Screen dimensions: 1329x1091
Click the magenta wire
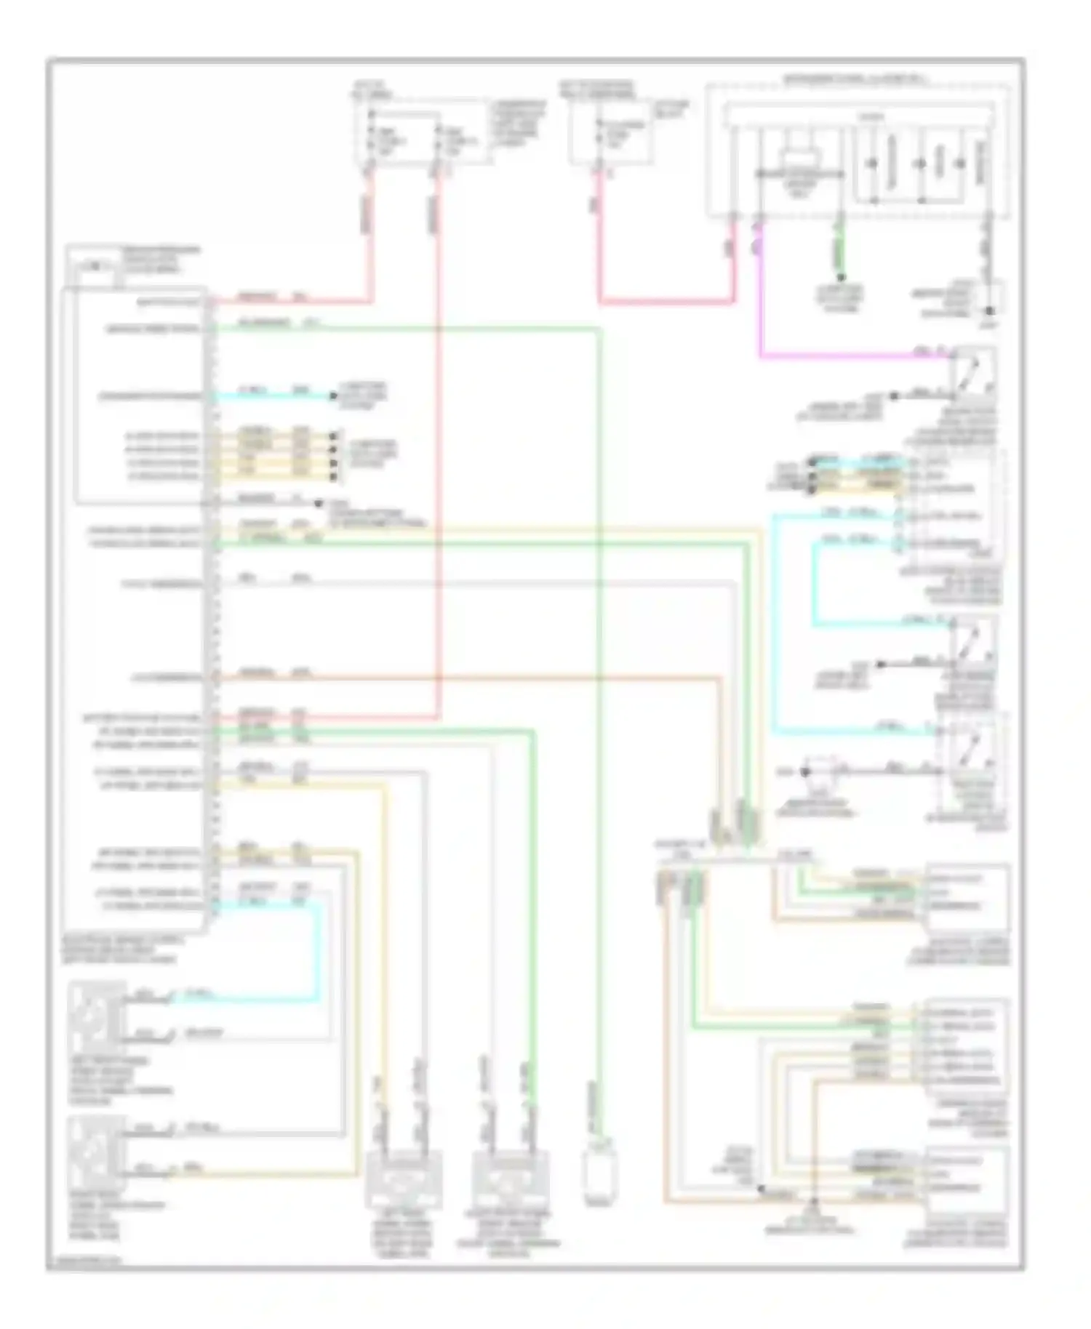tap(836, 356)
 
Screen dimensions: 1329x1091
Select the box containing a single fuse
tap(611, 134)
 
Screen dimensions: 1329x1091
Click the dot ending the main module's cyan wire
tap(334, 396)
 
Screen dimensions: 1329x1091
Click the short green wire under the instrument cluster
tap(840, 251)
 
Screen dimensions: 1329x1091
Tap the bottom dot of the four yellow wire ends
tap(334, 477)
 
